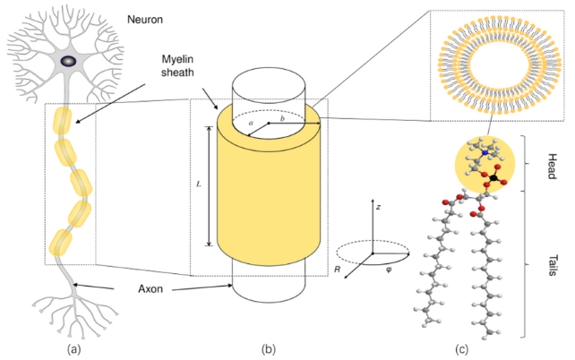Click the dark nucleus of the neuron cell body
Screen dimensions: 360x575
(69, 61)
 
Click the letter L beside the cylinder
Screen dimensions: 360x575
(199, 186)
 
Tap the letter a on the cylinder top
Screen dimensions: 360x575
(252, 119)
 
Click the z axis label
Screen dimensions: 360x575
(379, 207)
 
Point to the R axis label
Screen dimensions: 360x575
(337, 267)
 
